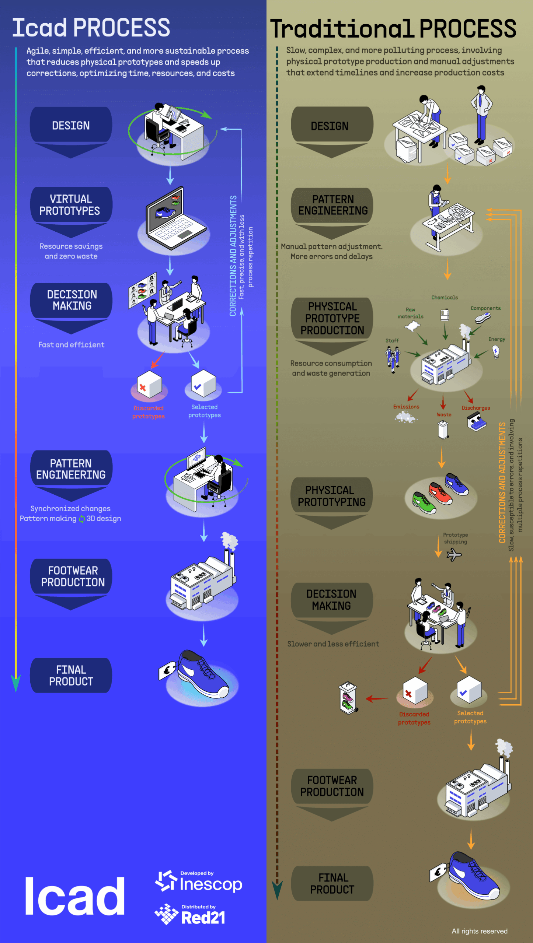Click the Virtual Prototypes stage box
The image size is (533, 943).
(71, 205)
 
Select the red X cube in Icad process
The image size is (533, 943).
(149, 385)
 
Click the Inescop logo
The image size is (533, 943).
(199, 883)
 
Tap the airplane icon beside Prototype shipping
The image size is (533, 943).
(454, 554)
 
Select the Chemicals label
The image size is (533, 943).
(445, 298)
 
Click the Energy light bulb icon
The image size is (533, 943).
(496, 352)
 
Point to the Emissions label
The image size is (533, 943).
(406, 407)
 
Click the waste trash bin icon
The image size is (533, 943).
(443, 430)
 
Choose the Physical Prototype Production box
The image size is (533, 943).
(332, 318)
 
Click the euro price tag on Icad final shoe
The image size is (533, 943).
(167, 671)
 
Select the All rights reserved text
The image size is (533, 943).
(480, 931)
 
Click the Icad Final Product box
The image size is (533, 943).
(71, 675)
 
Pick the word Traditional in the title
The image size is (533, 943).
(341, 29)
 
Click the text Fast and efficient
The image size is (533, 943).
(72, 345)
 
